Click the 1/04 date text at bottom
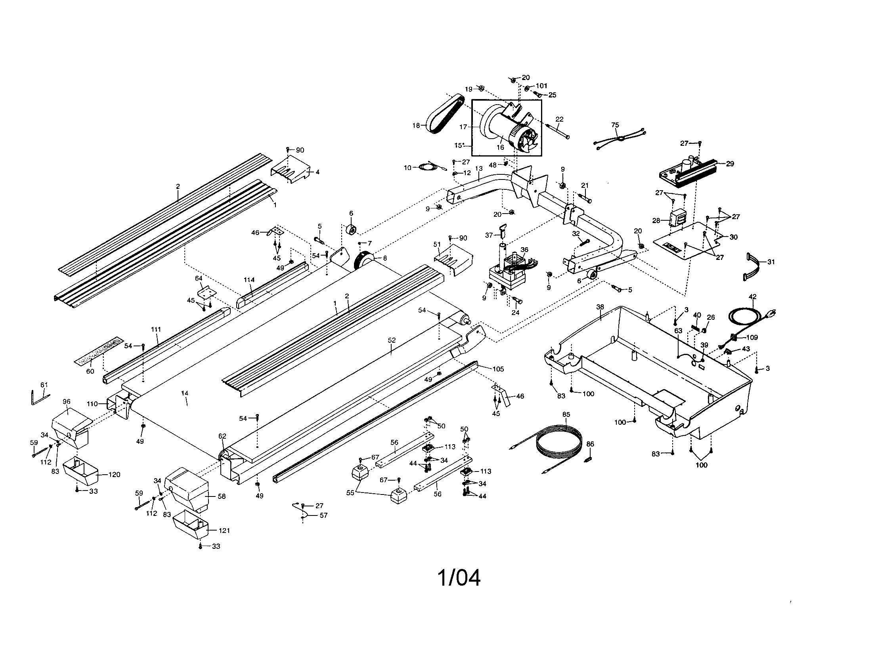459,578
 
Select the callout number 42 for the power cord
752,296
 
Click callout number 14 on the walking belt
184,393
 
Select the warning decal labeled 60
98,351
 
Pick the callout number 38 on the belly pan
600,307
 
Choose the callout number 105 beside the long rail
498,369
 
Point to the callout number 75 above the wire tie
615,125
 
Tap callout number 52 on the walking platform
392,340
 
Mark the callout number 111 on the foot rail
156,329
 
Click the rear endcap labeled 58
187,489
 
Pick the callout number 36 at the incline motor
524,249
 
